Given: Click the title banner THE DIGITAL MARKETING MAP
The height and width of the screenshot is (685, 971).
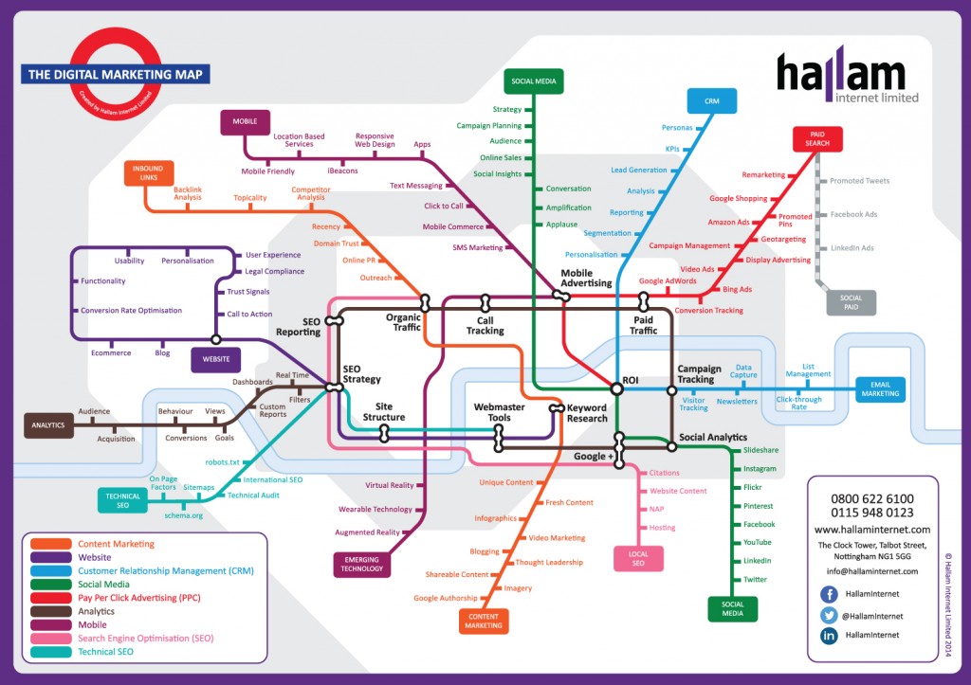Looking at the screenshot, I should coord(116,74).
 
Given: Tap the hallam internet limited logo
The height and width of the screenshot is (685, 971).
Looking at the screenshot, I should coord(847,77).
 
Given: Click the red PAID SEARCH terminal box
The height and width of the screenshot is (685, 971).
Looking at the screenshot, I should coord(817,138).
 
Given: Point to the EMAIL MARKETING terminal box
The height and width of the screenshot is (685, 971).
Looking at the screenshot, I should coord(879,388).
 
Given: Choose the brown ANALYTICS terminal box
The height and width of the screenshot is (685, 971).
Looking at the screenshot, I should coord(47,425).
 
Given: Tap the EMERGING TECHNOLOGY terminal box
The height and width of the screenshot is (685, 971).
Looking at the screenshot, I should coord(361,564).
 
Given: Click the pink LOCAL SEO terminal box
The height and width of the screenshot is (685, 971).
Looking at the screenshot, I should coord(637,559).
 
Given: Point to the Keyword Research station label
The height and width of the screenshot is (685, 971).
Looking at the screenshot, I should coord(587,413).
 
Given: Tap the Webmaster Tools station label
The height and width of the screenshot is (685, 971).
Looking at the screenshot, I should coord(499,412).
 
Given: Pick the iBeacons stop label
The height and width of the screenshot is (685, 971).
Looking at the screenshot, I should coord(343,171).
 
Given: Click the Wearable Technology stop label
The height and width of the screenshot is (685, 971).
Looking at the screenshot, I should coord(376,509).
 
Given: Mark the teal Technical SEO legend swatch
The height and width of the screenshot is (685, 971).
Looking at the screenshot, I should coord(50,651).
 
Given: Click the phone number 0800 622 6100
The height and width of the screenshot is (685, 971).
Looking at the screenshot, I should coord(872,498).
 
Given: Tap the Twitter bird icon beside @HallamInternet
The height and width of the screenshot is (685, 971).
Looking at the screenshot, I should coord(829,615).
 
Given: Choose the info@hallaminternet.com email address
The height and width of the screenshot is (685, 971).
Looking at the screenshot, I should coord(872,571).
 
